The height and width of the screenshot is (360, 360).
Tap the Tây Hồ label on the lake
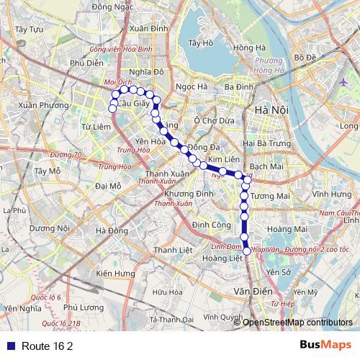tap(199, 43)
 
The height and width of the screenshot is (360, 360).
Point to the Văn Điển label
tap(251, 291)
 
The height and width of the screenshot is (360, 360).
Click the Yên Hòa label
tap(150, 141)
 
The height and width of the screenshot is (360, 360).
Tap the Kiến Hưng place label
tap(115, 274)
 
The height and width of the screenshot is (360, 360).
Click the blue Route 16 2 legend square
tap(9, 346)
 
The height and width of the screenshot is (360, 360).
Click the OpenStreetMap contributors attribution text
tap(297, 323)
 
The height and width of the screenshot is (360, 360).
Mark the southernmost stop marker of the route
tap(247, 251)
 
